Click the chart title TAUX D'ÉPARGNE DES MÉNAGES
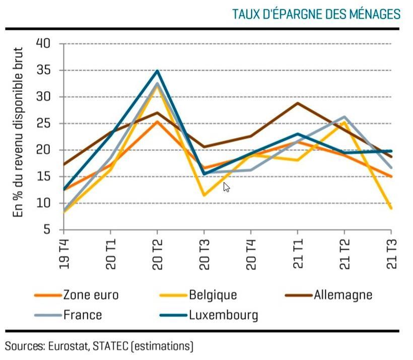pos(316,14)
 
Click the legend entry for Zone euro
pos(91,294)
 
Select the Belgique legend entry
pos(213,294)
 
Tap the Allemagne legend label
pos(343,294)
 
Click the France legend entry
pos(83,315)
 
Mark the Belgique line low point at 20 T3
pos(204,195)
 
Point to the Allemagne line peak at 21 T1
pos(298,103)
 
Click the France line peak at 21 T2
pos(344,117)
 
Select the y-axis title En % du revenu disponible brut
pos(19,132)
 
